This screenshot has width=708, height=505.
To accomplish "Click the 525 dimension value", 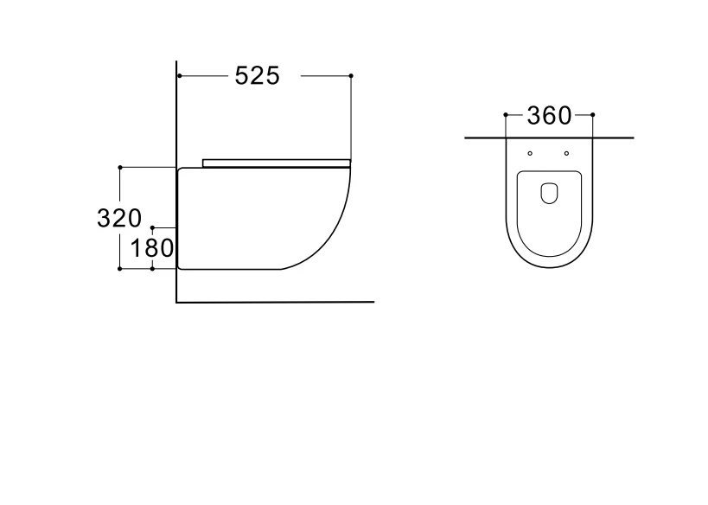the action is (258, 75).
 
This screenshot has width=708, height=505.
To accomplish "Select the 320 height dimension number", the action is (119, 218).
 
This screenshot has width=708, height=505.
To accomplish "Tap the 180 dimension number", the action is (152, 248).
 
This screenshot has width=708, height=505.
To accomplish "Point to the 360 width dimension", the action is (549, 116).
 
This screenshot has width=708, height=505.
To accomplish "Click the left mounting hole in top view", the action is (530, 154).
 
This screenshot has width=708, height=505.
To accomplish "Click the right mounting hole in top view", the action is (567, 154).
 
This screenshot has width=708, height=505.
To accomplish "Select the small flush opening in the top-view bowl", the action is (549, 193).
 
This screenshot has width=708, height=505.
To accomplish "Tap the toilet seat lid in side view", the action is (277, 163).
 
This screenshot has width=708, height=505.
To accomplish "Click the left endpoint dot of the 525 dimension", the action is (180, 76).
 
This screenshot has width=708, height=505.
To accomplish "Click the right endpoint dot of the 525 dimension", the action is (351, 76).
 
